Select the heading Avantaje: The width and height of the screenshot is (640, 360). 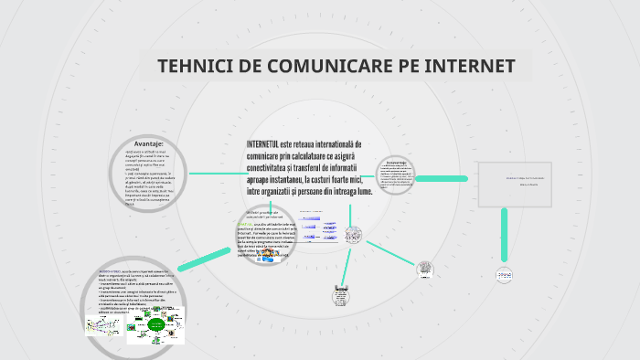pyautogui.click(x=148, y=143)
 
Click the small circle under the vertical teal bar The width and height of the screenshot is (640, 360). pyautogui.click(x=507, y=274)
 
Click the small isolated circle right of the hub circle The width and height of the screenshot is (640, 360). pyautogui.click(x=425, y=270)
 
